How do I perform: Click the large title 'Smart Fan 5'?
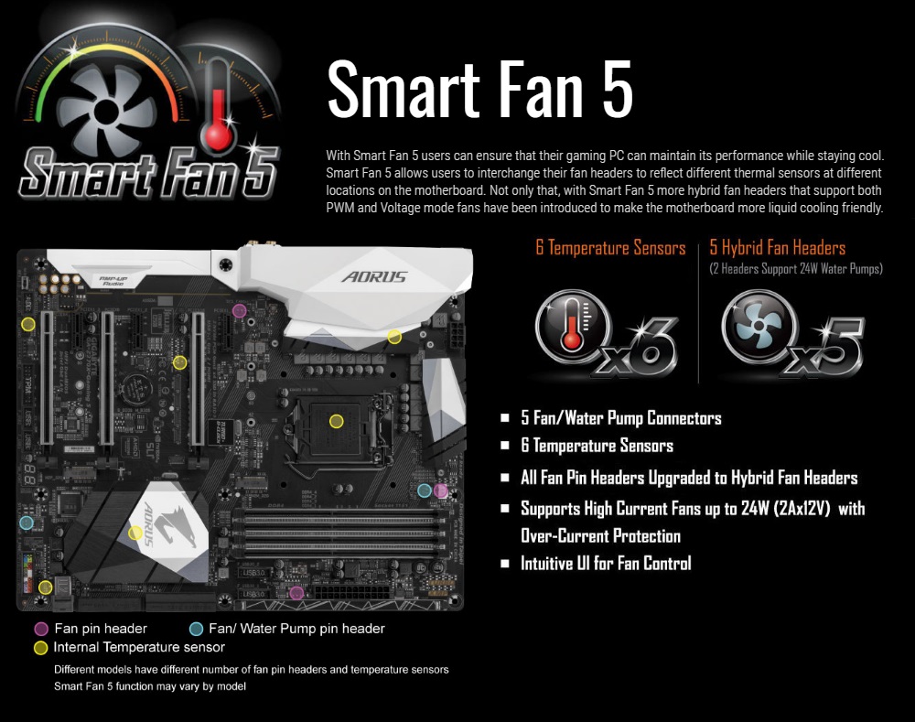coord(479,88)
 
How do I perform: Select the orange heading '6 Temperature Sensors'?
coord(610,247)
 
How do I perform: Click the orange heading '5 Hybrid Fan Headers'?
coord(777,247)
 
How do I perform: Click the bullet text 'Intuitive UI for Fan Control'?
coord(605,564)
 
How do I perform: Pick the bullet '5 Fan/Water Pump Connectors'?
coord(620,418)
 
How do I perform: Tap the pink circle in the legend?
coord(40,629)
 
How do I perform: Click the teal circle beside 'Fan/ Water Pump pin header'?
coord(196,629)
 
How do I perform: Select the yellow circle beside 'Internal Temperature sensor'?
coord(40,648)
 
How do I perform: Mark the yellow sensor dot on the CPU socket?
coord(337,421)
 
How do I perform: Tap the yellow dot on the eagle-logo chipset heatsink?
coord(135,533)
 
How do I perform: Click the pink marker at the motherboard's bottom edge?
coord(296,593)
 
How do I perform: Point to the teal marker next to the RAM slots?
coord(425,490)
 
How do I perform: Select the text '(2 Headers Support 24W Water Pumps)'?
coord(796,269)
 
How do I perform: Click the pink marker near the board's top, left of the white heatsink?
coord(240,311)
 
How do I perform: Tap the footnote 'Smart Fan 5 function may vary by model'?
coord(150,686)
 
